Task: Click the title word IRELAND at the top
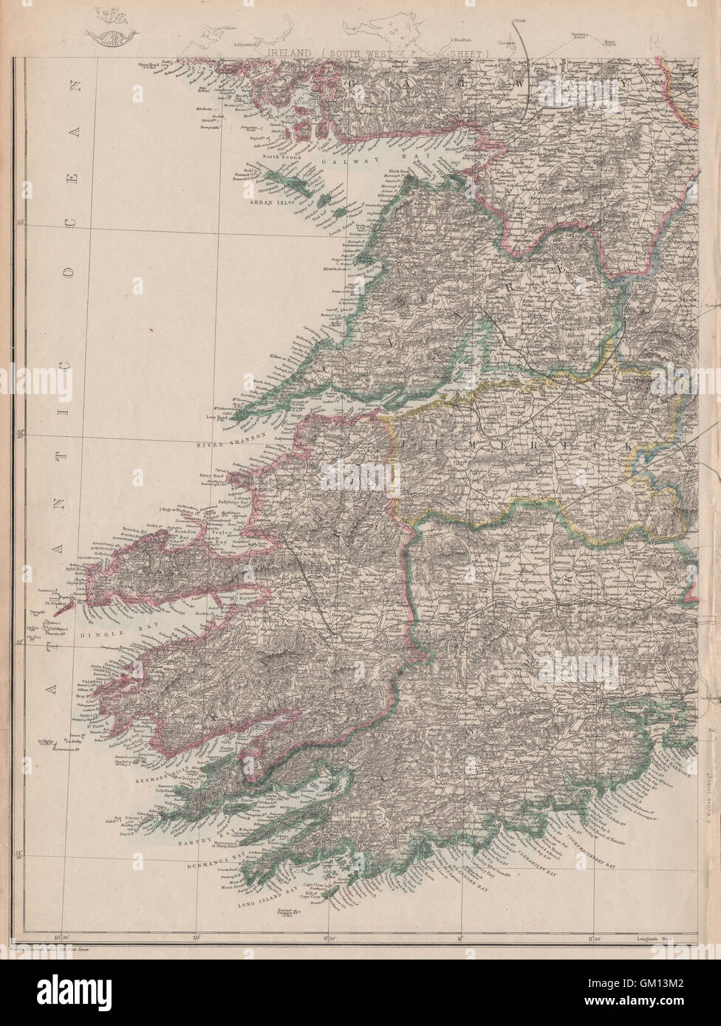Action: [x=292, y=54]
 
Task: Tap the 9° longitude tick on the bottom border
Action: [x=460, y=938]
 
